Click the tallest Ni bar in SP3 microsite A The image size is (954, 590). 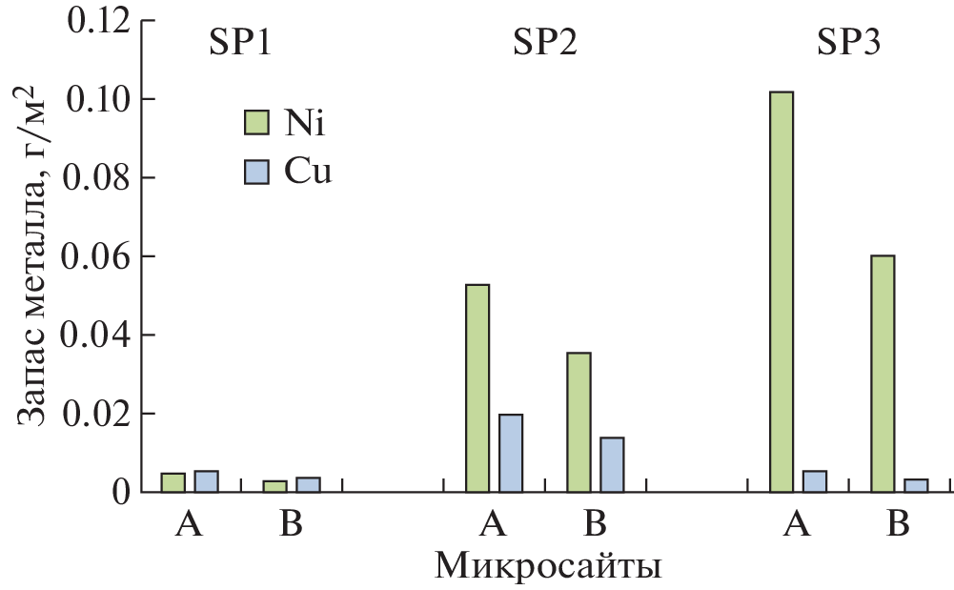pyautogui.click(x=781, y=292)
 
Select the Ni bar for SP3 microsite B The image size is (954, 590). pyautogui.click(x=883, y=374)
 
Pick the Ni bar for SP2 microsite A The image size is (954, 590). pyautogui.click(x=477, y=388)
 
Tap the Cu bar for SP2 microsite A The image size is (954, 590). pyautogui.click(x=511, y=453)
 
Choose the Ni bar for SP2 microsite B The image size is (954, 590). pyautogui.click(x=578, y=422)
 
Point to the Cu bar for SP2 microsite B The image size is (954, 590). pyautogui.click(x=612, y=464)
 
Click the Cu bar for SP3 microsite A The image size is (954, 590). pyautogui.click(x=814, y=481)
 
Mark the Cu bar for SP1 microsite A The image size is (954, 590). pyautogui.click(x=207, y=481)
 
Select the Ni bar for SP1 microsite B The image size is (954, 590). pyautogui.click(x=274, y=486)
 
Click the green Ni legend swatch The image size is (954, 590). pyautogui.click(x=256, y=122)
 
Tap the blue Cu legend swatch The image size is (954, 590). pyautogui.click(x=256, y=172)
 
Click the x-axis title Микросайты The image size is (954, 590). pyautogui.click(x=549, y=566)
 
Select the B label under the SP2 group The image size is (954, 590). pyautogui.click(x=595, y=524)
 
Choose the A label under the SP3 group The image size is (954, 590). pyautogui.click(x=798, y=524)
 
